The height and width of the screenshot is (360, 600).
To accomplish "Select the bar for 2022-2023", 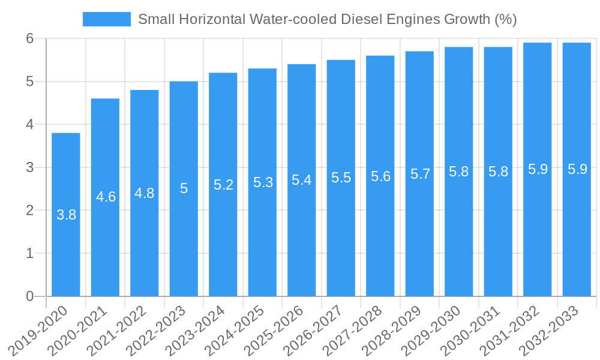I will click(x=184, y=240).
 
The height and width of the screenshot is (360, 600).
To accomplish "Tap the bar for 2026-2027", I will click(x=341, y=240).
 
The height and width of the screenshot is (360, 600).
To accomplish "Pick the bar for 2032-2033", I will click(x=577, y=240).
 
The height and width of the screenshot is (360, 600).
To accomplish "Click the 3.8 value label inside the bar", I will click(x=66, y=215).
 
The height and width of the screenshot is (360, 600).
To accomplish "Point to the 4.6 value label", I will click(x=106, y=197).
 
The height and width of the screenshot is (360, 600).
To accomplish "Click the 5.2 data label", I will click(x=223, y=185).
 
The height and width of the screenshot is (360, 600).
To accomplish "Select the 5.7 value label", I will click(x=420, y=174).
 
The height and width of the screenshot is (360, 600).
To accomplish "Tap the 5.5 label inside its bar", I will click(x=341, y=178).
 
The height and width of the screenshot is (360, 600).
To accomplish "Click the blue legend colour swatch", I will click(x=107, y=19).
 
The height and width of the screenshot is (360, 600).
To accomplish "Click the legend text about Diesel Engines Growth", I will click(x=327, y=19).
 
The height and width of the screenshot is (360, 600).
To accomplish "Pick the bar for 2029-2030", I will click(x=459, y=240).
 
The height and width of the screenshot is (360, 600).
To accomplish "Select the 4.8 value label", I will click(x=145, y=193).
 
